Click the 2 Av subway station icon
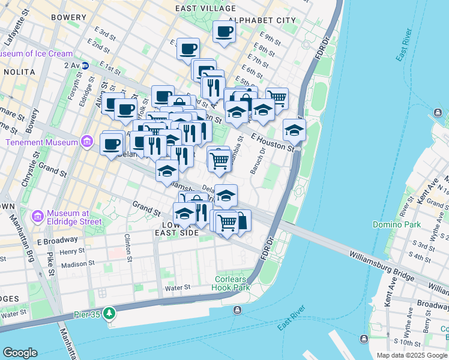click(85, 65)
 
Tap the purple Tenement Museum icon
click(87, 142)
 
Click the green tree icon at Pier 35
click(109, 313)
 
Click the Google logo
click(20, 353)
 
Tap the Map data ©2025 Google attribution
click(412, 355)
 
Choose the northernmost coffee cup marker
click(224, 32)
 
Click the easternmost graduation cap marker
click(294, 129)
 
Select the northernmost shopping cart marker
click(277, 97)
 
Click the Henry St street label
click(72, 251)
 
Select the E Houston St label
click(273, 141)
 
